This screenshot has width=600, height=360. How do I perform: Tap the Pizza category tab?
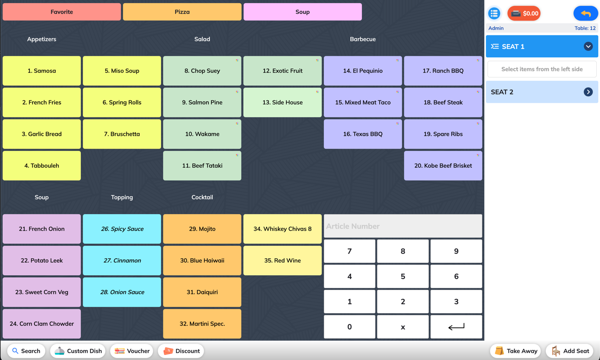[182, 12]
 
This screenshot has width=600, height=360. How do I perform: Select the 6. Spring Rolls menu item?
[122, 102]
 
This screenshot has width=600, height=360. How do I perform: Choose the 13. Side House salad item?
[282, 102]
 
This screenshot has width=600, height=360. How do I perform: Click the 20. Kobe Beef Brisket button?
[443, 166]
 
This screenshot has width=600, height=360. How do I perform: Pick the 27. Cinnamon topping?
[122, 260]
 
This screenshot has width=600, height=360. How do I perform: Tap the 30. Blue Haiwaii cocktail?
[202, 260]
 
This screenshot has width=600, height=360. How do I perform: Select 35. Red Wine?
[282, 260]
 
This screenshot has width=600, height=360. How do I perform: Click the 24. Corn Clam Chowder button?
[42, 324]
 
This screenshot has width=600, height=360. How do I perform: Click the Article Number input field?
[403, 226]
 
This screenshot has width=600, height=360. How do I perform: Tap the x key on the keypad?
[403, 327]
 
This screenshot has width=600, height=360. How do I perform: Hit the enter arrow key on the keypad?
[456, 327]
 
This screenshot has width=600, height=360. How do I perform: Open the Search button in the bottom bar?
[26, 351]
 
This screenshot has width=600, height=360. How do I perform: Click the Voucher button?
[132, 351]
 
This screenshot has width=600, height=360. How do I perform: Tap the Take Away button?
[516, 351]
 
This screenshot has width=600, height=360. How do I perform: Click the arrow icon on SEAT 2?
[588, 92]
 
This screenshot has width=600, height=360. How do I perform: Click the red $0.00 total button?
[524, 13]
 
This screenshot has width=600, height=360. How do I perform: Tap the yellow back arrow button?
[585, 13]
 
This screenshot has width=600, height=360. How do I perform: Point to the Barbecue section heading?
[363, 39]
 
